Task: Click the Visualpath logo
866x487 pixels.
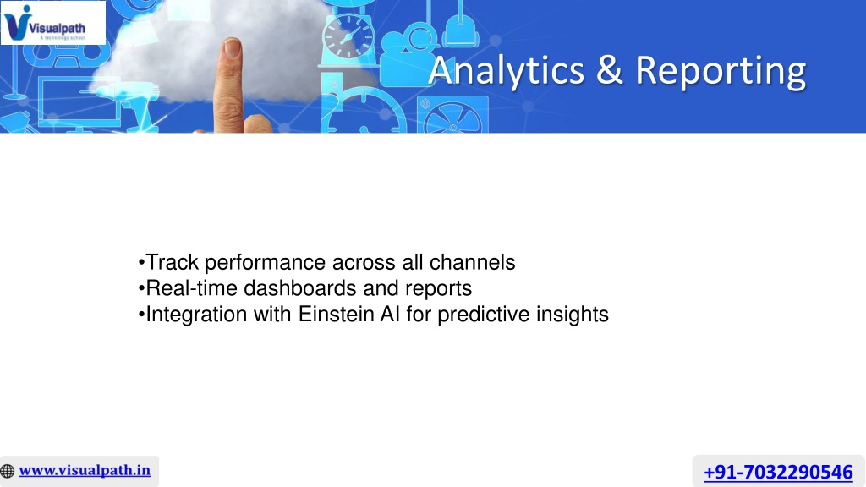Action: coord(53,23)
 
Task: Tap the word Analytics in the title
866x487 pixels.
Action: coord(506,71)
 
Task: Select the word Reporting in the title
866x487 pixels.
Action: coord(721,72)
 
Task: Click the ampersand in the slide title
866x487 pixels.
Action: coord(609,70)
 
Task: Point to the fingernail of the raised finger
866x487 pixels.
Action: coord(233,47)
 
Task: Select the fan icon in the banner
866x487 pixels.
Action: coord(453,115)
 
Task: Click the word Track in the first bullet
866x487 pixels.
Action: coord(172,262)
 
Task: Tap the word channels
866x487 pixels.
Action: coord(472,262)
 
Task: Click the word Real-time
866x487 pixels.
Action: coord(191,288)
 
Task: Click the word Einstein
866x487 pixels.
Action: coord(336,315)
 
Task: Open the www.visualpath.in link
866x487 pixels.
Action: coord(85,470)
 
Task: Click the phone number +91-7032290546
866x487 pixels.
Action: coord(778,472)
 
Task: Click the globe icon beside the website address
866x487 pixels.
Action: coord(7,471)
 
